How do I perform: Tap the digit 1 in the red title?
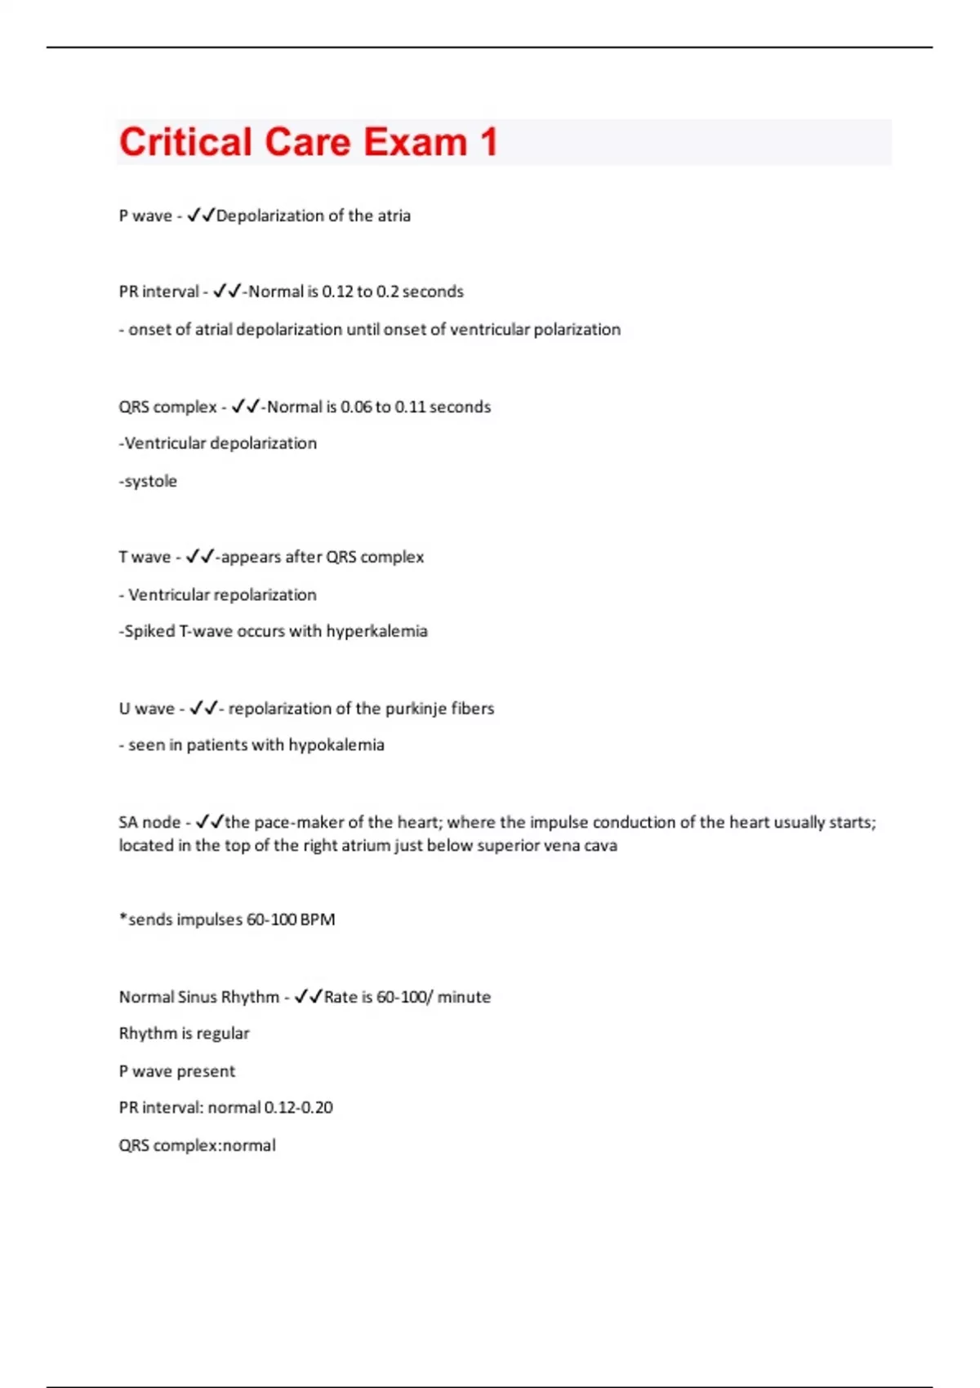point(488,142)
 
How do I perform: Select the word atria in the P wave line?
point(394,216)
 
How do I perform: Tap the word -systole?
point(148,481)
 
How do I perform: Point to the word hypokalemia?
point(336,745)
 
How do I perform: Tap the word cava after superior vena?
point(600,845)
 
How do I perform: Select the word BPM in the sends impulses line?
point(318,919)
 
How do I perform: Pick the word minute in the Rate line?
point(464,997)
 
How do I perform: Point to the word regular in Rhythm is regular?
point(222,1034)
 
